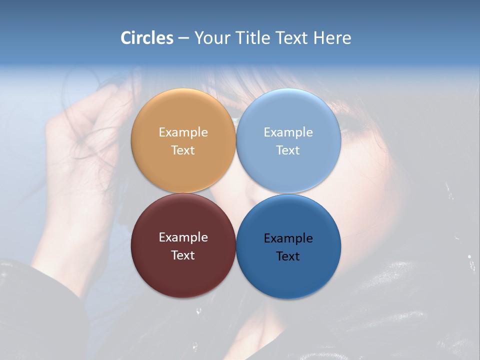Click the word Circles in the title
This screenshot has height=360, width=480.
pyautogui.click(x=147, y=37)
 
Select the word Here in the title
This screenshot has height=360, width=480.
pyautogui.click(x=332, y=37)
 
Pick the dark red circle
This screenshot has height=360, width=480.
pyautogui.click(x=183, y=270)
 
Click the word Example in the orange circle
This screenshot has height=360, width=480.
pyautogui.click(x=183, y=132)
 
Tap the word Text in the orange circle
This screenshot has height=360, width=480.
pyautogui.click(x=183, y=150)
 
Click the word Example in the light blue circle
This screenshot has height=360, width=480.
pyautogui.click(x=288, y=132)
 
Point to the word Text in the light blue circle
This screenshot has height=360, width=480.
pyautogui.click(x=288, y=150)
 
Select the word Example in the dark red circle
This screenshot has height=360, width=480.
pyautogui.click(x=183, y=237)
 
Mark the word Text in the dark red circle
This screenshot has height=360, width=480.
pyautogui.click(x=183, y=255)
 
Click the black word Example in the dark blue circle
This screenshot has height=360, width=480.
pyautogui.click(x=288, y=238)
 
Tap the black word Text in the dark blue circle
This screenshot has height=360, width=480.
pyautogui.click(x=288, y=256)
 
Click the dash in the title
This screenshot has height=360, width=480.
pyautogui.click(x=183, y=38)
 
